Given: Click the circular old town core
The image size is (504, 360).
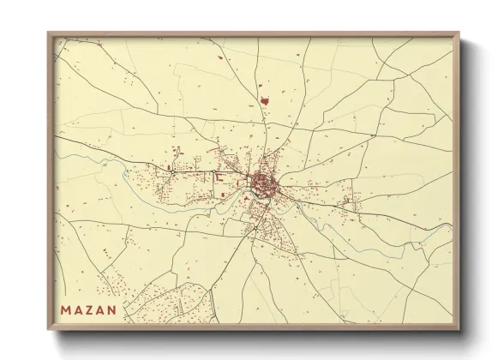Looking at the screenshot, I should [x=261, y=181].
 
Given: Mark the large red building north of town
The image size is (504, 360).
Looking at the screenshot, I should [x=267, y=99].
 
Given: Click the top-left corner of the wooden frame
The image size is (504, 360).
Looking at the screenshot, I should [x=50, y=33].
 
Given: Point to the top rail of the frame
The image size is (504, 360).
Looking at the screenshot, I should [x=257, y=34].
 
